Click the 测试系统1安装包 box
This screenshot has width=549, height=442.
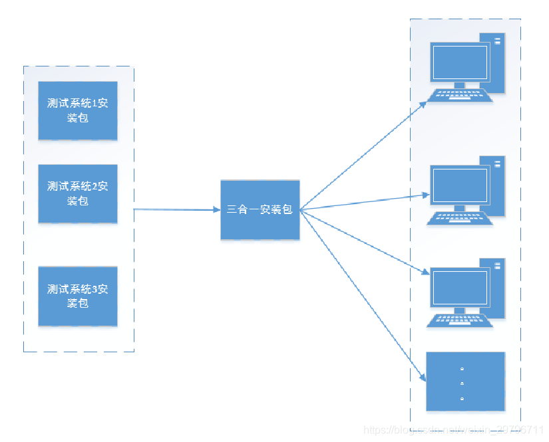pyautogui.click(x=78, y=110)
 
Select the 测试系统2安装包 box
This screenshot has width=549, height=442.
pyautogui.click(x=78, y=193)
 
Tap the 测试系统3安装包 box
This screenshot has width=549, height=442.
pyautogui.click(x=78, y=296)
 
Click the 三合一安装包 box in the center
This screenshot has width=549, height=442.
pyautogui.click(x=260, y=209)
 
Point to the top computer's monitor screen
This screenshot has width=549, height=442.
pyautogui.click(x=459, y=62)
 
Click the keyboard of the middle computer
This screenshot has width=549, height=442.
pyautogui.click(x=460, y=218)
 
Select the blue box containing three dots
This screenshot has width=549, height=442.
pyautogui.click(x=465, y=382)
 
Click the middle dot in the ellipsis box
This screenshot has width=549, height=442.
pyautogui.click(x=462, y=384)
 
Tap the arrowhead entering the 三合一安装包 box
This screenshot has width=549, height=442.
pyautogui.click(x=216, y=209)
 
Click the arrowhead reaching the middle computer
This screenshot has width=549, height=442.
pyautogui.click(x=425, y=195)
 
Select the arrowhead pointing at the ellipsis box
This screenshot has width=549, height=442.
pyautogui.click(x=424, y=378)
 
